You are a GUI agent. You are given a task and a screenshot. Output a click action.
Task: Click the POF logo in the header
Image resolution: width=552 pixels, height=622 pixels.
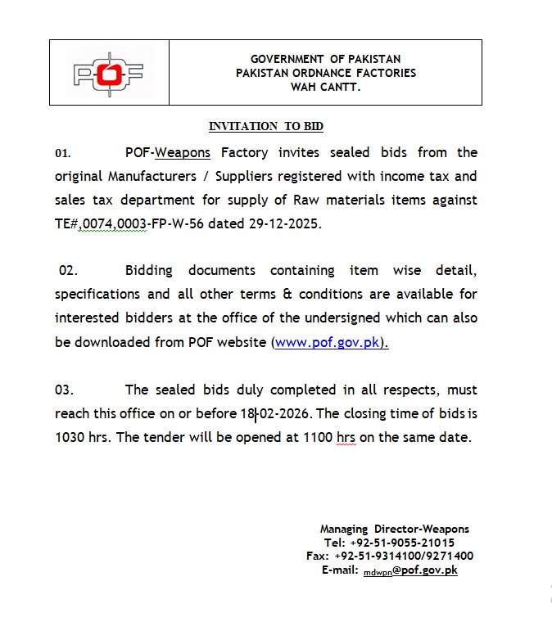coord(109,73)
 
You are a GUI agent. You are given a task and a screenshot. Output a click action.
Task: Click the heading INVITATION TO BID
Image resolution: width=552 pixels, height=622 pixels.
coord(266,127)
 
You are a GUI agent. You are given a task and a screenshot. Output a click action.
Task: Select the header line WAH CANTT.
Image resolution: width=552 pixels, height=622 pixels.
coord(325,86)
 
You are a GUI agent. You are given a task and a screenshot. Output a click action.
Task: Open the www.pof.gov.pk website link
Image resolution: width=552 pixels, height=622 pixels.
coord(328,343)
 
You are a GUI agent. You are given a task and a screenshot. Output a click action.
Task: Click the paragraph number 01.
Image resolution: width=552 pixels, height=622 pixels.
coord(63,153)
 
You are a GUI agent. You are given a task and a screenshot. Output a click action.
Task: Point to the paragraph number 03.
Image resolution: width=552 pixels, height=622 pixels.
coord(65,390)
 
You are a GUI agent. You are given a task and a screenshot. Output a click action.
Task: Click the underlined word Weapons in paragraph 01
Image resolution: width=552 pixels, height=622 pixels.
coord(183,153)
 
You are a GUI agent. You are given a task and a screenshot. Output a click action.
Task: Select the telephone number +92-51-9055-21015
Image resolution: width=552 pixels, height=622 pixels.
coord(401,543)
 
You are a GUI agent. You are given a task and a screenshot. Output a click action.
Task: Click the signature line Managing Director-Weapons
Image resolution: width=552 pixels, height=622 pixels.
coord(395,530)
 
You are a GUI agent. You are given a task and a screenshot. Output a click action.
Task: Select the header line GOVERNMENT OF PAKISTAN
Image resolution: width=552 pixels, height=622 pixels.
coord(325,60)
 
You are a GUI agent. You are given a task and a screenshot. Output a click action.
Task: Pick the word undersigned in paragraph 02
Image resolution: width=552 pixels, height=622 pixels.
coord(384,318)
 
